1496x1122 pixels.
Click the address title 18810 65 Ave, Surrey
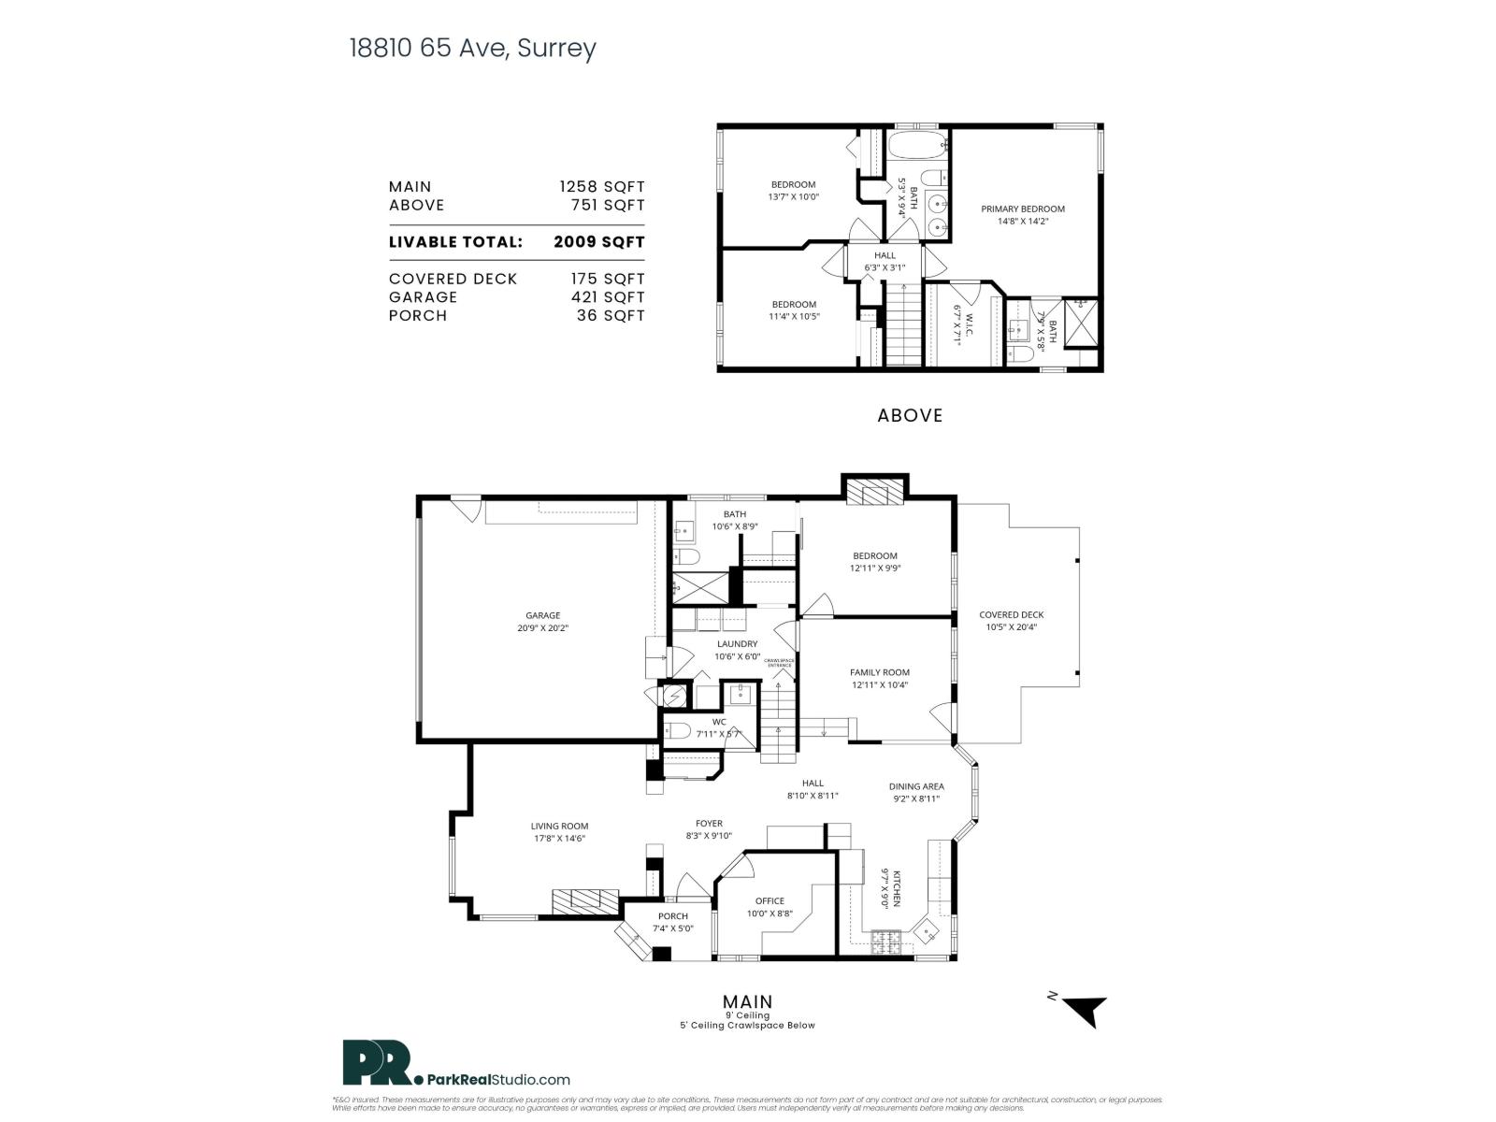[472, 49]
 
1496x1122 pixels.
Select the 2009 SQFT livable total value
[598, 242]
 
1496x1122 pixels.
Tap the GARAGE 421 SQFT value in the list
[608, 297]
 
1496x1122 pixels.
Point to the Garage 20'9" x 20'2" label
[542, 622]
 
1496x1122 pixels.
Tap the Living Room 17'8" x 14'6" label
[559, 832]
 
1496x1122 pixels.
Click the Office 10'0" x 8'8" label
[770, 907]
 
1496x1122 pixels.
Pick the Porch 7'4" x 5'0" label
[672, 922]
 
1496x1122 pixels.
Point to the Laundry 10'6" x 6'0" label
[737, 650]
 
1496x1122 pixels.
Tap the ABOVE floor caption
[910, 415]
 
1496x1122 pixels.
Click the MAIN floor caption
[747, 1002]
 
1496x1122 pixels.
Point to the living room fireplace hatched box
[584, 901]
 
